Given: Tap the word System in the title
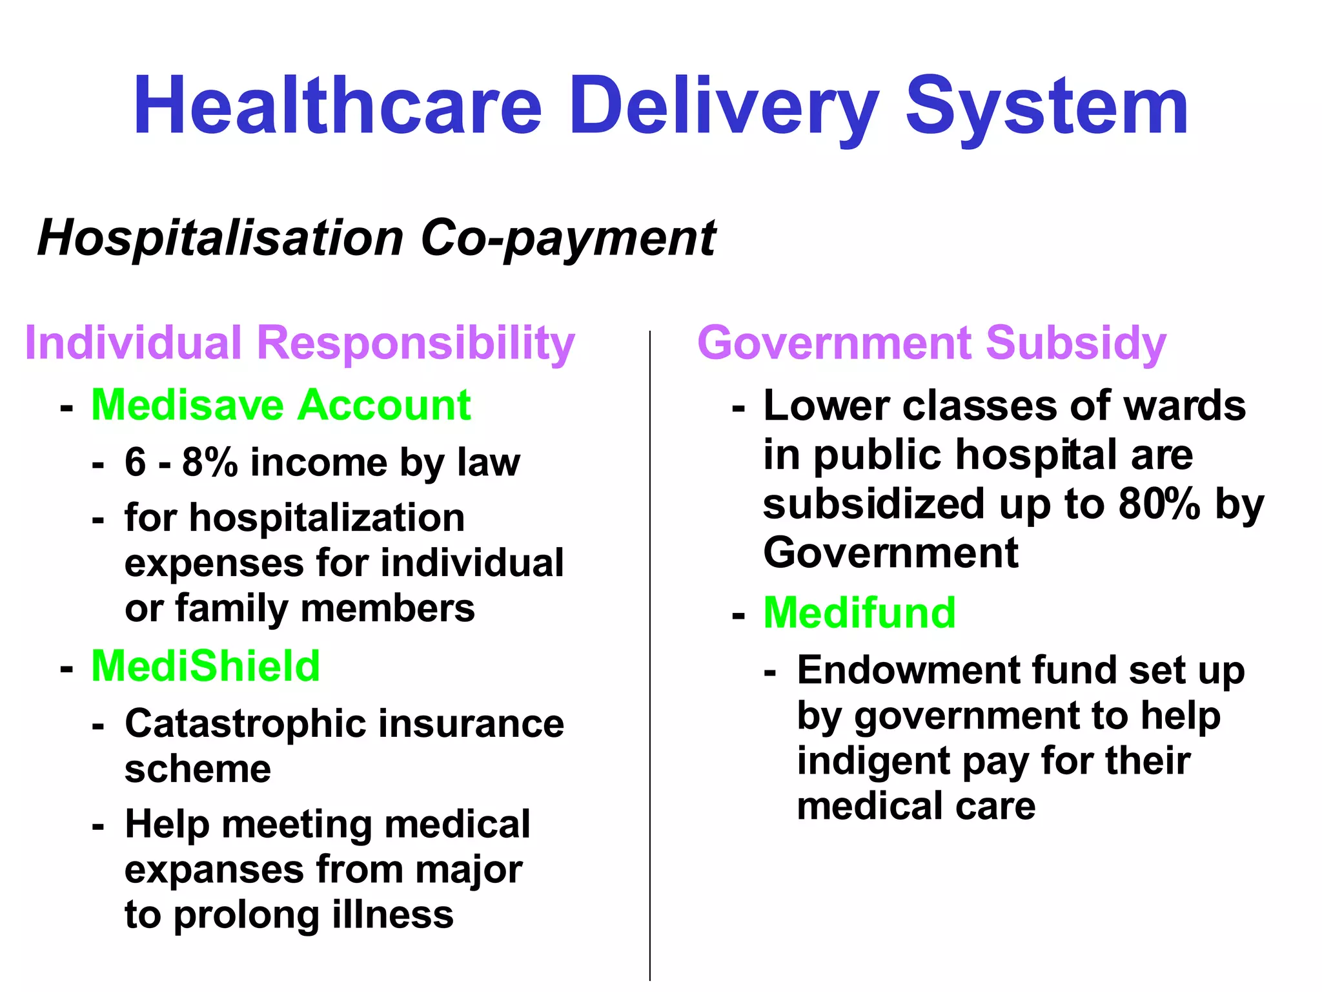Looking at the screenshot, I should pyautogui.click(x=1046, y=107).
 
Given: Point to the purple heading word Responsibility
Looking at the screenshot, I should pyautogui.click(x=416, y=344).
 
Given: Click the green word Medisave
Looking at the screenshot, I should pyautogui.click(x=188, y=406).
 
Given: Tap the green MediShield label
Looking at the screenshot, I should pyautogui.click(x=206, y=666).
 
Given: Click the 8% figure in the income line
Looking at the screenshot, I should pyautogui.click(x=210, y=462).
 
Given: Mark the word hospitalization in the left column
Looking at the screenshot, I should pyautogui.click(x=327, y=518).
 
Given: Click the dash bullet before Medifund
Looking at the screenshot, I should pyautogui.click(x=738, y=615).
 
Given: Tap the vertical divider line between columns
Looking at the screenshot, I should pyautogui.click(x=650, y=646).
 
